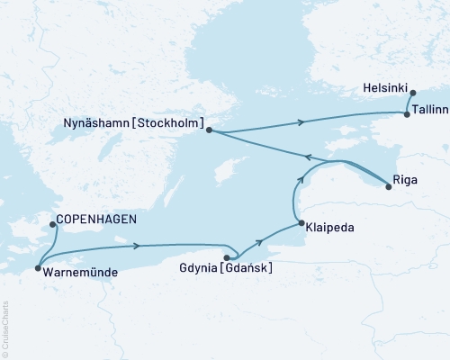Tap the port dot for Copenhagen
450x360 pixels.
pos(52,224)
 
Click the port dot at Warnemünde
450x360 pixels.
pos(37,268)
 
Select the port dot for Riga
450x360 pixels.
pos(388,187)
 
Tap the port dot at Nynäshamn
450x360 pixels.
pos(209,130)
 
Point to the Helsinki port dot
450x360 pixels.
pos(412,93)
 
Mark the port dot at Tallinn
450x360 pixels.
pos(408,114)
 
